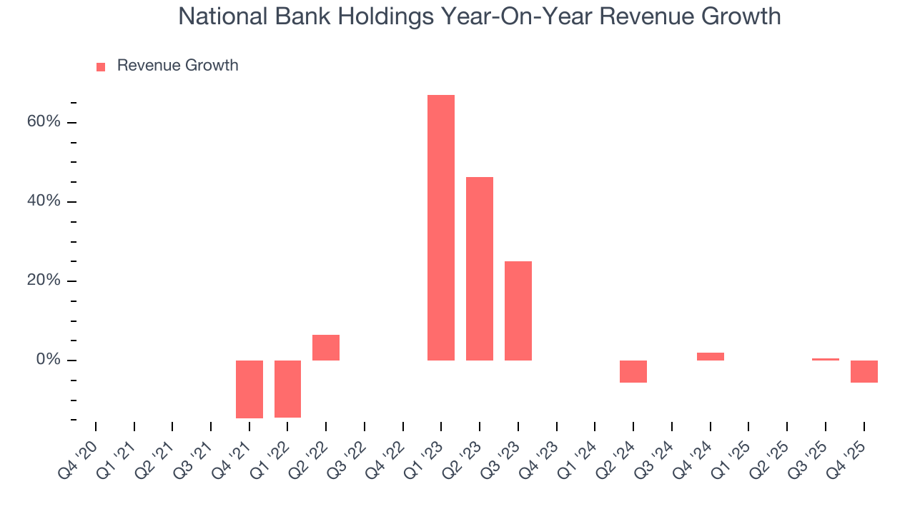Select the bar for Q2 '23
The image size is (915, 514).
click(x=480, y=268)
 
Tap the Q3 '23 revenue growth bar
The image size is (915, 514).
click(x=518, y=311)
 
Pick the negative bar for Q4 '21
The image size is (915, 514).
click(x=249, y=389)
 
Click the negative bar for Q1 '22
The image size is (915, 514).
click(x=287, y=388)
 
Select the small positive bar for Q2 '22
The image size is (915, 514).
click(x=326, y=348)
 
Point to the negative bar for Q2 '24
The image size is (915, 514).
click(x=633, y=371)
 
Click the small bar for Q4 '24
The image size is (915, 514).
click(x=711, y=356)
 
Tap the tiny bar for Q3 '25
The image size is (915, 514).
click(x=826, y=359)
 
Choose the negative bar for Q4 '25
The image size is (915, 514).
click(x=864, y=371)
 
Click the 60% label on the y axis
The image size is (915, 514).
click(x=44, y=122)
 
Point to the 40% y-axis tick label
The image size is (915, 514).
click(x=44, y=201)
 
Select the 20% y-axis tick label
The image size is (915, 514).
click(x=44, y=281)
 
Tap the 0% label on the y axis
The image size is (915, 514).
click(x=48, y=360)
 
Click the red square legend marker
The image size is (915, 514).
click(x=101, y=66)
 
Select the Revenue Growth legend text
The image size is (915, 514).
click(x=177, y=66)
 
